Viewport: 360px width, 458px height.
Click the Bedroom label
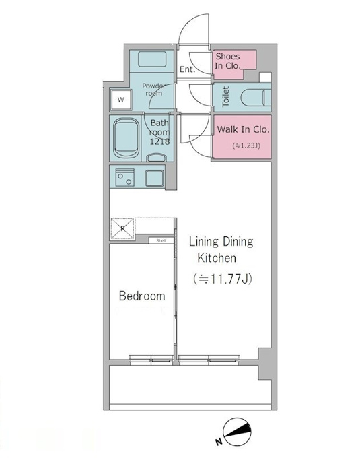142,296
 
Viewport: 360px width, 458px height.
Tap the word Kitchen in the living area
217,258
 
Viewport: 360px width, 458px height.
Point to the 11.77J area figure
223,279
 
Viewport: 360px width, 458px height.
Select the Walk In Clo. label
243,129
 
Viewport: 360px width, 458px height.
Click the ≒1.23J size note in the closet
246,145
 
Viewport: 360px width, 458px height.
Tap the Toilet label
226,96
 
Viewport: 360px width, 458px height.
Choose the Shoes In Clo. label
228,61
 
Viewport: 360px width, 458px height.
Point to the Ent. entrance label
187,69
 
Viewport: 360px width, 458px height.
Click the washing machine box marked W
120,100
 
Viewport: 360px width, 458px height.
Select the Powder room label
153,90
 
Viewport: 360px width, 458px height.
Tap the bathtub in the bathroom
126,138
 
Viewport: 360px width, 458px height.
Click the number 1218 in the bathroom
159,142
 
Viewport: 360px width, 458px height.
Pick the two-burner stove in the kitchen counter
125,177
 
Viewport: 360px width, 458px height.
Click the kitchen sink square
154,178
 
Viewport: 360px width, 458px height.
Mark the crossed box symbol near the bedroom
122,229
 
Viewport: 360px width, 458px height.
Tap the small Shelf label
161,240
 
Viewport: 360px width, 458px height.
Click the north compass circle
237,432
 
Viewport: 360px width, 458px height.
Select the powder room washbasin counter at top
152,59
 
